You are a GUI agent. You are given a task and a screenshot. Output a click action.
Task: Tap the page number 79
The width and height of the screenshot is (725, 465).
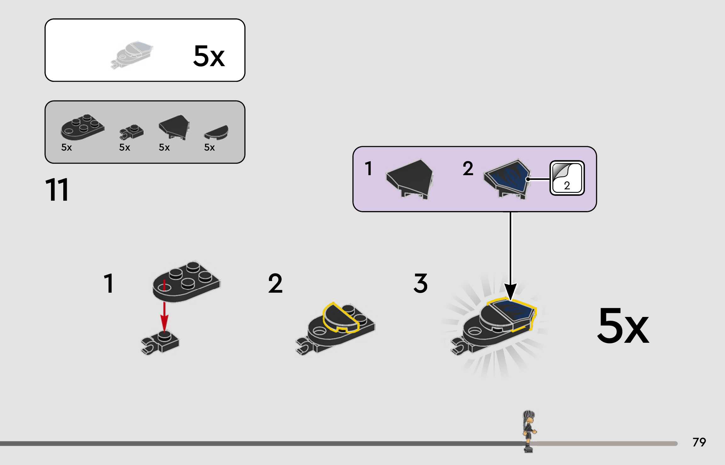click(699, 442)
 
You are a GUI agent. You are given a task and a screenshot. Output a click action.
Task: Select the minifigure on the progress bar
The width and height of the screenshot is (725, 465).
click(529, 431)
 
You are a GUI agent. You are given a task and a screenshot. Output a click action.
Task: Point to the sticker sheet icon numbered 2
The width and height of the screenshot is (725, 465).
click(567, 178)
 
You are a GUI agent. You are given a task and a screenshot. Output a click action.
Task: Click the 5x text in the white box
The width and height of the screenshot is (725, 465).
click(209, 56)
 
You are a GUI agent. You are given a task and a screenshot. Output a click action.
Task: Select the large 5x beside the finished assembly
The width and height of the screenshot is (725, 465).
click(623, 326)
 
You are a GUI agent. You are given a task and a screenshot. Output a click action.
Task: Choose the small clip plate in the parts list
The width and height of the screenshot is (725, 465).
click(131, 132)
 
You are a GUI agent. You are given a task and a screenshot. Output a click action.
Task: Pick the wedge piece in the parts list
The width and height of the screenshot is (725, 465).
click(174, 127)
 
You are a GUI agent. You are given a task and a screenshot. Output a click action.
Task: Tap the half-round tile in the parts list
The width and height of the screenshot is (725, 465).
click(216, 132)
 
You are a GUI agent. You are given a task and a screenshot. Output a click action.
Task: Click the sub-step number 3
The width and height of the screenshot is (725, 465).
click(421, 283)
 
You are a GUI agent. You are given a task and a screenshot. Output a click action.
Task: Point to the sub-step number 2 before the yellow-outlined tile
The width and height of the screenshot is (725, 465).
click(275, 283)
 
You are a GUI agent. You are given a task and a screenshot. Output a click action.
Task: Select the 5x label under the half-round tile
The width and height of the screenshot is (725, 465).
click(209, 147)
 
